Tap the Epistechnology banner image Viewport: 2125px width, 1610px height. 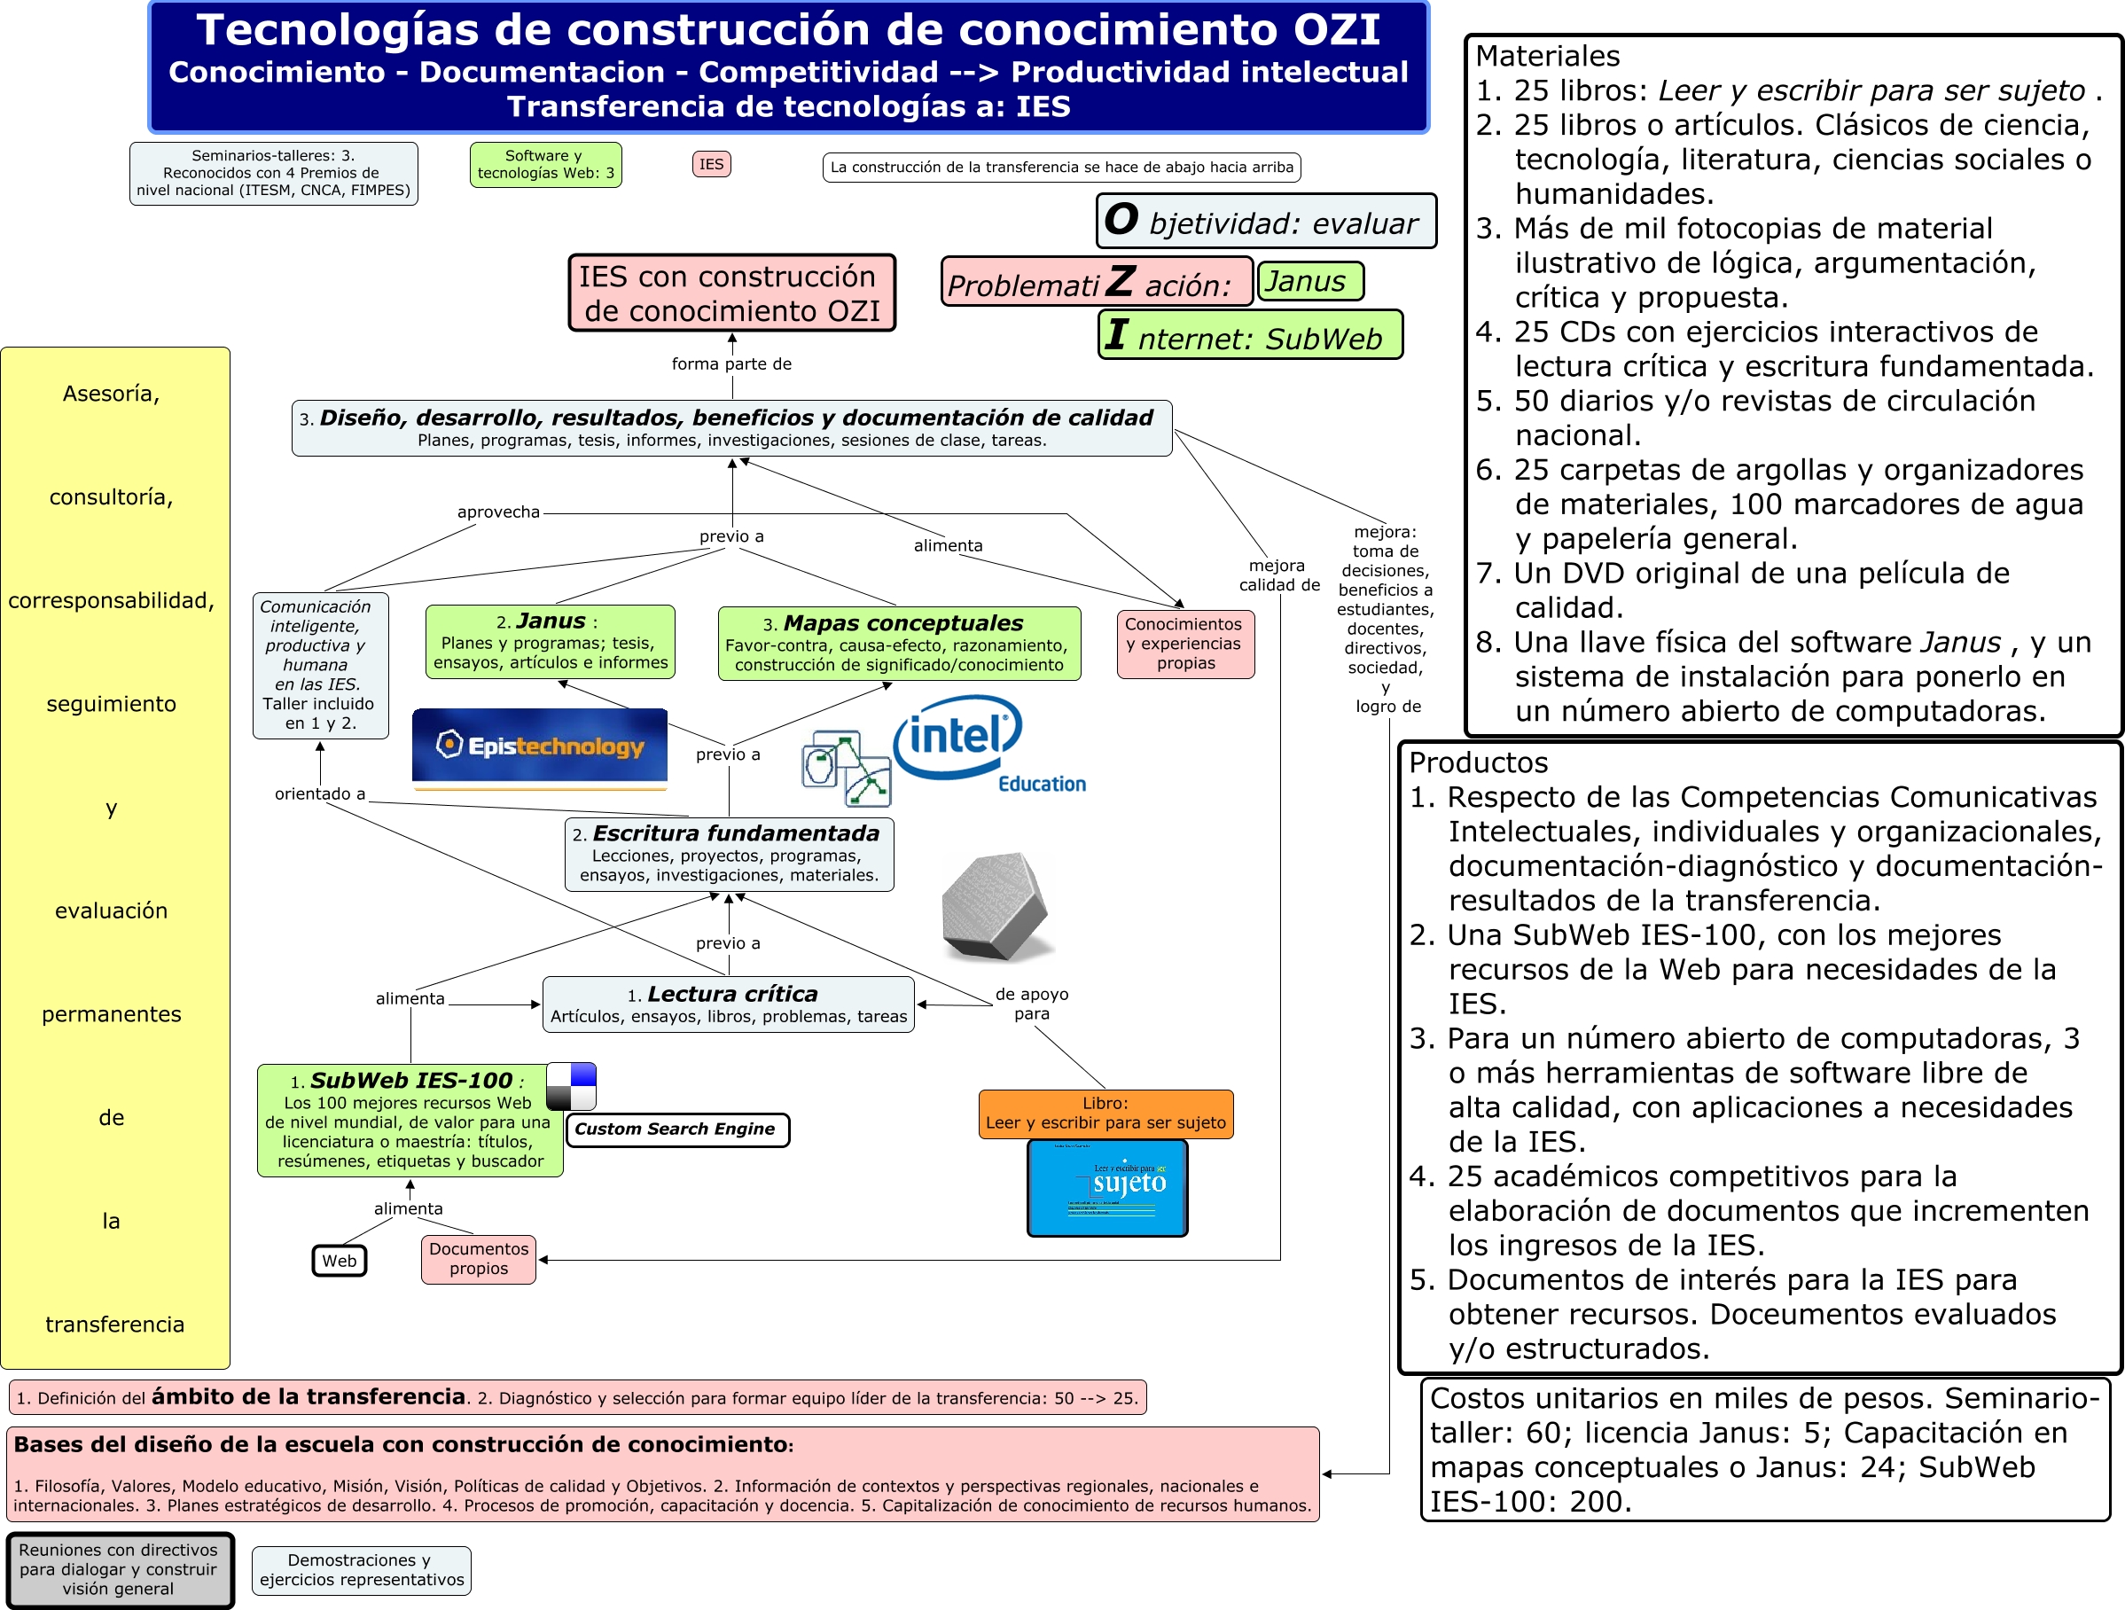539,748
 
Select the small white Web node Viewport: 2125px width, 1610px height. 340,1261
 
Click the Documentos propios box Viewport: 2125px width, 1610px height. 479,1258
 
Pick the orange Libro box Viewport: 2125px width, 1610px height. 1105,1114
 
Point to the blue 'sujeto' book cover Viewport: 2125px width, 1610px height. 1106,1188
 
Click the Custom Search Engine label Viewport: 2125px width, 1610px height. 676,1129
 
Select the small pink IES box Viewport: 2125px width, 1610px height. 711,164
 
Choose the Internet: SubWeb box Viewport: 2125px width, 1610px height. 1249,335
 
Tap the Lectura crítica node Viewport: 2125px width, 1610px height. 728,1004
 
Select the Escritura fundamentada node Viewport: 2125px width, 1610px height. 728,853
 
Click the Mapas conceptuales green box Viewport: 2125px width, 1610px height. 898,643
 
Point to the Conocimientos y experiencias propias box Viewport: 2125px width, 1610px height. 1184,644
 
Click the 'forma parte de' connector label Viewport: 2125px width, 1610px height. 731,364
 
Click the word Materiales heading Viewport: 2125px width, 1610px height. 1547,56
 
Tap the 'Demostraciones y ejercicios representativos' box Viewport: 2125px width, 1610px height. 361,1569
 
